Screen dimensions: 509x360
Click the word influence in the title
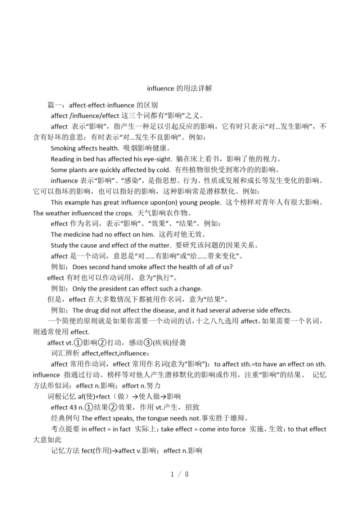click(160, 89)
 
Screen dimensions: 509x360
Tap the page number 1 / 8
click(180, 474)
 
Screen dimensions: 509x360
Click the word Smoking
click(63, 148)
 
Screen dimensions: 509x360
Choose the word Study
click(59, 245)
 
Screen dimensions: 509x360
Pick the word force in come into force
click(238, 429)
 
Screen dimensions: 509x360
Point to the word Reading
click(63, 159)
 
